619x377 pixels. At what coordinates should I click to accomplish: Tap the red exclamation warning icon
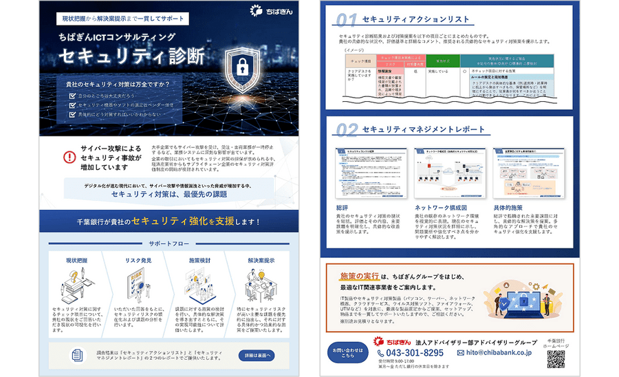coord(69,157)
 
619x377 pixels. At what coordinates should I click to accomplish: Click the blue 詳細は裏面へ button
coord(258,355)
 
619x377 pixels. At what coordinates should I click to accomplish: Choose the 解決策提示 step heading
coord(261,261)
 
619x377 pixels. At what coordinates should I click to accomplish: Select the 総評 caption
coord(343,207)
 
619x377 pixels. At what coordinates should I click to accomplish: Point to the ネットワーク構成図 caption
coord(440,207)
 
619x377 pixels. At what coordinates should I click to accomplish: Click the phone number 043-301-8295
coord(415,353)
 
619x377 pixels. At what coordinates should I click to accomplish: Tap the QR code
coord(556,359)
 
